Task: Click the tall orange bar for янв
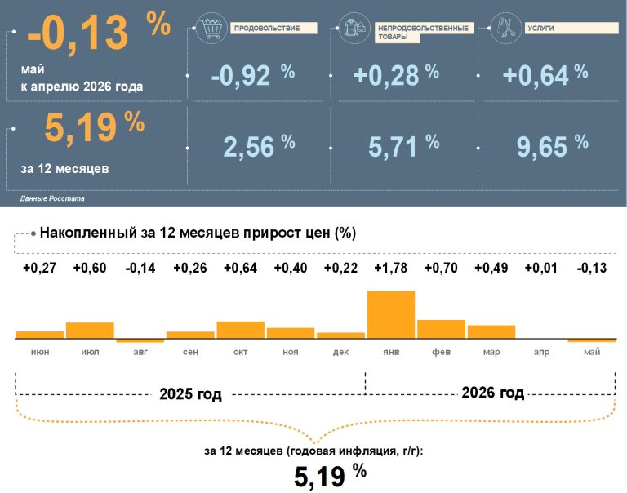(391, 315)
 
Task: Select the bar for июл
(90, 331)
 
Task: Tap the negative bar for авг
(140, 340)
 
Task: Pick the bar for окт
(240, 330)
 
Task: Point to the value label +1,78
(391, 268)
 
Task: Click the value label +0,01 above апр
(541, 268)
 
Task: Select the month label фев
(441, 352)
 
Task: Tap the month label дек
(340, 352)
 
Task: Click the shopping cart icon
(211, 28)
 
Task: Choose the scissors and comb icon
(506, 28)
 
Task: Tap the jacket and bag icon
(354, 28)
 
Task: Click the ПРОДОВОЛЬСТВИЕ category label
(267, 28)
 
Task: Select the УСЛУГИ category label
(540, 28)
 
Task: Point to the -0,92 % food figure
(253, 74)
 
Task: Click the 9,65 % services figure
(552, 145)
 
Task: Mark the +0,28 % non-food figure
(396, 74)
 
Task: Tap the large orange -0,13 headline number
(78, 33)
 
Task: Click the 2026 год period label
(492, 393)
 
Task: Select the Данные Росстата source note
(52, 198)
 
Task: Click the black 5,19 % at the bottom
(331, 475)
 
